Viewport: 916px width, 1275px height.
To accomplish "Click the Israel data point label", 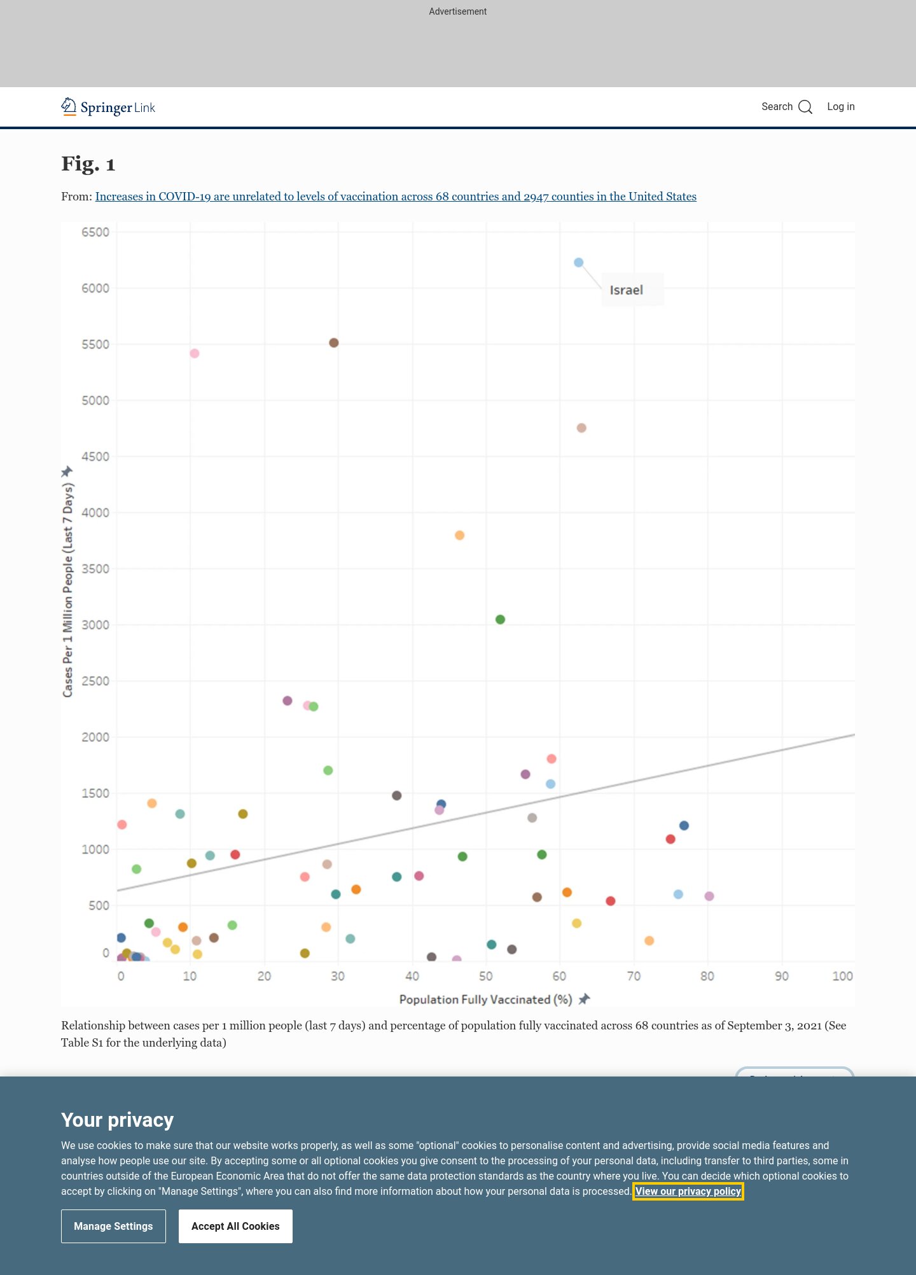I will click(627, 290).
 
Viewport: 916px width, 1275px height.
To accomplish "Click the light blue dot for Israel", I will click(578, 263).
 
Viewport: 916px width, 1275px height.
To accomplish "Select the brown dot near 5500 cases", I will click(334, 343).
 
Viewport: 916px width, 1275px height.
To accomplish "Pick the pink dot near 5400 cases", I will click(195, 354).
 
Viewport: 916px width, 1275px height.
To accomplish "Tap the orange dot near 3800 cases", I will click(459, 536).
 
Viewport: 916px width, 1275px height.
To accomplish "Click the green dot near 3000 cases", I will click(500, 620).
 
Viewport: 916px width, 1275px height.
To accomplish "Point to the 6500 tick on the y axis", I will click(95, 232).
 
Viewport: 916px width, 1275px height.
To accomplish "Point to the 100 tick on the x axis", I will click(842, 976).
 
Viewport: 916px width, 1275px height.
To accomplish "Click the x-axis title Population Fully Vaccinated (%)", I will click(485, 1000).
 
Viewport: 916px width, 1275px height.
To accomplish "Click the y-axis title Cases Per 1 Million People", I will click(68, 590).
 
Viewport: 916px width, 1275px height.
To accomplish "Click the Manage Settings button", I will click(113, 1226).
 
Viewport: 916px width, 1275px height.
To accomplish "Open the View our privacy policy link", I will click(688, 1191).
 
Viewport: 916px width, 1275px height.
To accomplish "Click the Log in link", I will click(840, 107).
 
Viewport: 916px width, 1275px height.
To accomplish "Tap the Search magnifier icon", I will click(805, 107).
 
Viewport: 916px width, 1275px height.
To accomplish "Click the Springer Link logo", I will click(108, 107).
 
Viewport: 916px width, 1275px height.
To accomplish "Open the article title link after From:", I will click(396, 197).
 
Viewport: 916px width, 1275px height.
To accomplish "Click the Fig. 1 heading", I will click(88, 164).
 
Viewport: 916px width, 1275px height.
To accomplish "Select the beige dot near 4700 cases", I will click(581, 428).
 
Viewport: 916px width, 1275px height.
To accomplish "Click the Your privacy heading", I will click(117, 1120).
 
